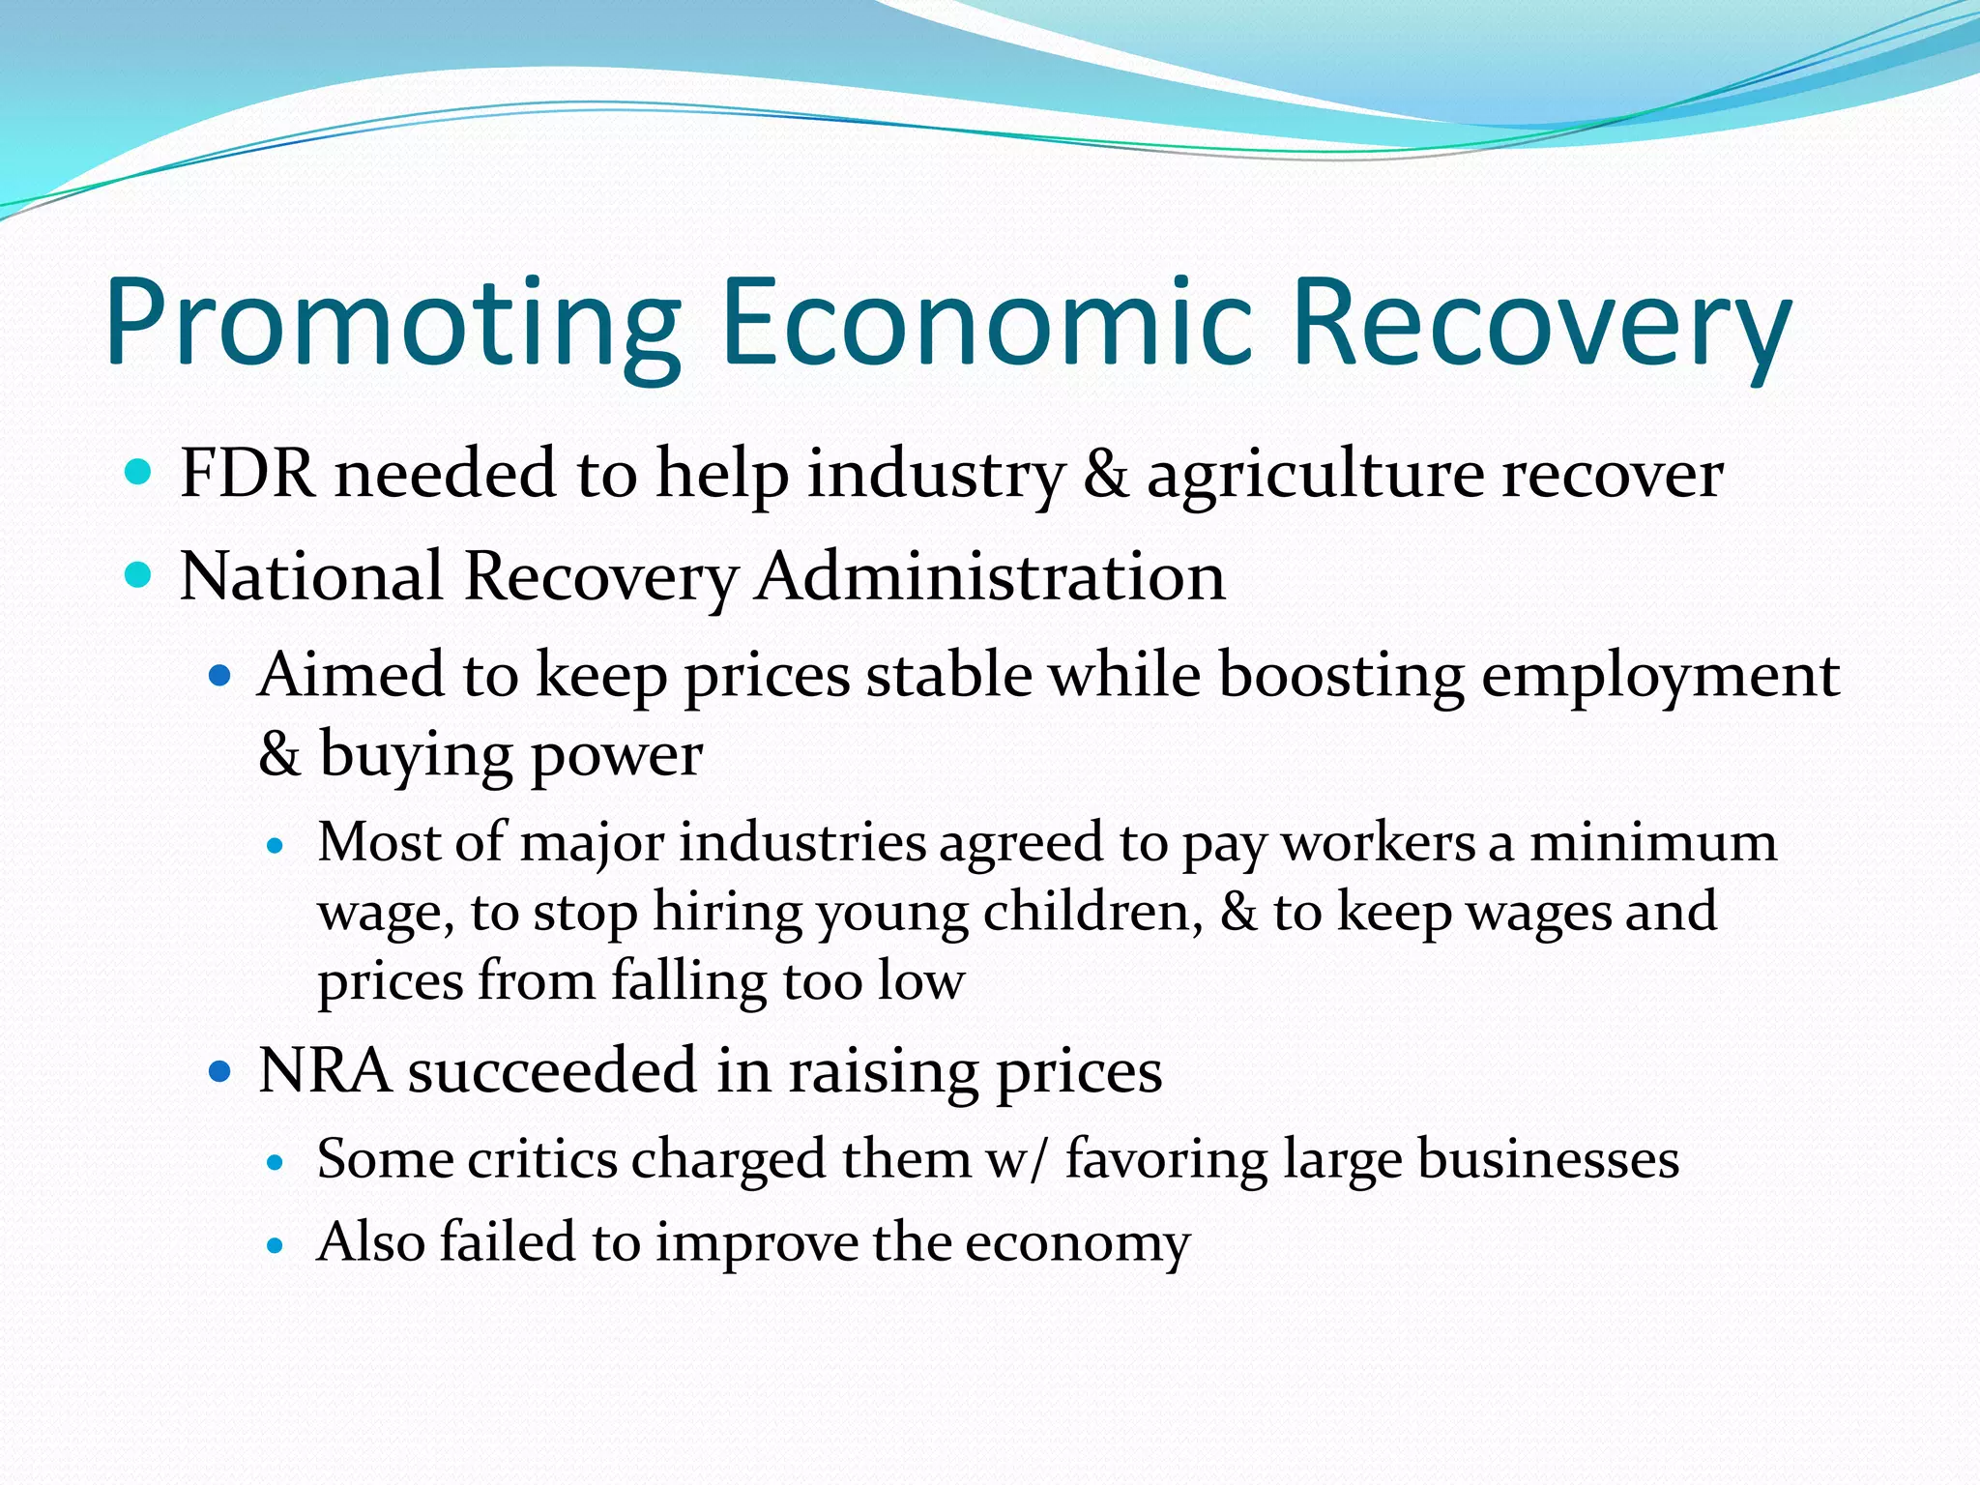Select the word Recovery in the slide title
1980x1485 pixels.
click(1541, 323)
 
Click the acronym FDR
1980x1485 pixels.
click(247, 474)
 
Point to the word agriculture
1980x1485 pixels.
click(1315, 476)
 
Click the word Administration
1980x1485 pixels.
click(990, 577)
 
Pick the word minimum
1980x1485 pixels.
click(1652, 842)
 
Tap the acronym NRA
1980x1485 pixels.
click(324, 1071)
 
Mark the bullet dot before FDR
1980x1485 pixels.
click(139, 473)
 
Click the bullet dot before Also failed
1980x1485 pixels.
click(277, 1245)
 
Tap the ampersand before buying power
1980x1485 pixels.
click(279, 754)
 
